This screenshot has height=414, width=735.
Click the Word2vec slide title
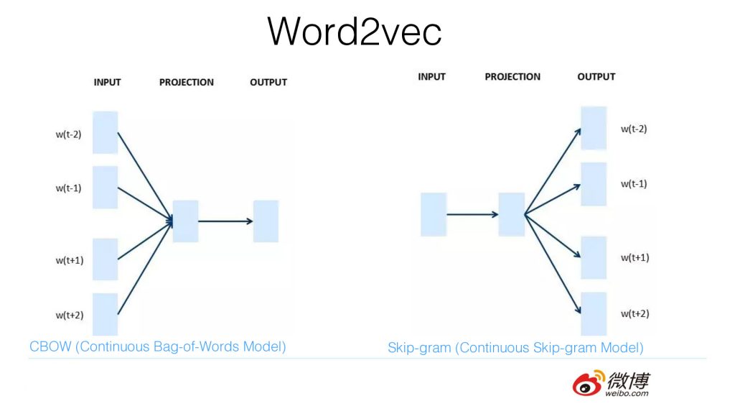[355, 31]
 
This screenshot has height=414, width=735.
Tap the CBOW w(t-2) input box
[105, 132]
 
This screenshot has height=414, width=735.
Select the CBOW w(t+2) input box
[105, 314]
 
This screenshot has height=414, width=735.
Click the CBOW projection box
[185, 221]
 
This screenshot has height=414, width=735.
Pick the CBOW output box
[266, 221]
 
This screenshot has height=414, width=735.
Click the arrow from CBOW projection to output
[225, 221]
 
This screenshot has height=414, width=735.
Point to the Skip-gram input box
[434, 214]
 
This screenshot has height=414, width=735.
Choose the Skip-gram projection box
[512, 214]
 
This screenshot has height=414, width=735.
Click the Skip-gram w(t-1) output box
[594, 184]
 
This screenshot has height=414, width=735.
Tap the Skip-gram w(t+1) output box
[594, 257]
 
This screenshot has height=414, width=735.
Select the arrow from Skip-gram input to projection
[472, 214]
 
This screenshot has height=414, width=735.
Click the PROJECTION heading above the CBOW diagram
[187, 82]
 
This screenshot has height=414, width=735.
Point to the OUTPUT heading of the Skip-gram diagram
[596, 76]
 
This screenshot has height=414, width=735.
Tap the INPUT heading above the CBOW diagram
[108, 82]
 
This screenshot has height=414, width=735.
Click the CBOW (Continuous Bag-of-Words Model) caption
[158, 346]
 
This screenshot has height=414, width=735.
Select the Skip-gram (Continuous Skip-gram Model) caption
[515, 348]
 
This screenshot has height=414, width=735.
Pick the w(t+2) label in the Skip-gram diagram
[635, 313]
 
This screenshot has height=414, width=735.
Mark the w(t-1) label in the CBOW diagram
[69, 188]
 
